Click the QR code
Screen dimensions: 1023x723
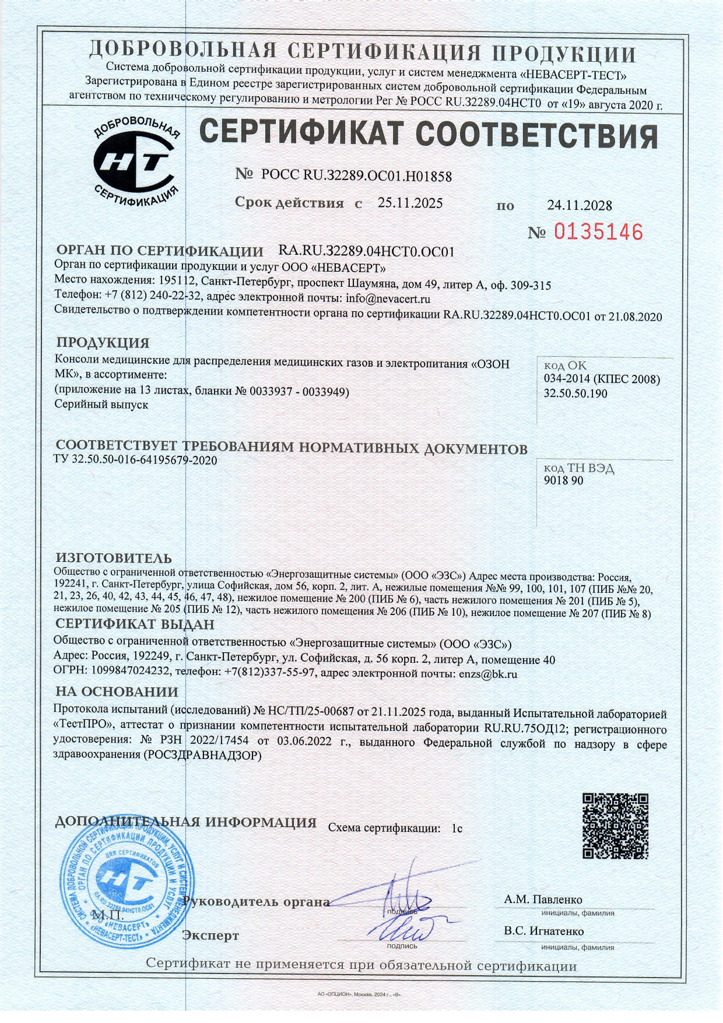point(615,825)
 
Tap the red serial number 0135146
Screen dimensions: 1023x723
point(598,232)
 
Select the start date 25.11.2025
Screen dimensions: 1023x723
point(410,203)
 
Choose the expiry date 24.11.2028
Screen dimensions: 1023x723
point(579,205)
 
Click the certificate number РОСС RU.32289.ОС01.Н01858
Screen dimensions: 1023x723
point(356,175)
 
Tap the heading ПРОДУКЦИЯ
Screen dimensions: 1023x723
point(103,342)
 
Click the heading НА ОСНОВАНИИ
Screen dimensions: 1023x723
point(117,692)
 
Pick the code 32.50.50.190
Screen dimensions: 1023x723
point(575,393)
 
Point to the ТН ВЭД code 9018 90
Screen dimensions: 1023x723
point(563,480)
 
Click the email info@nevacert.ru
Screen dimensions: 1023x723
point(388,299)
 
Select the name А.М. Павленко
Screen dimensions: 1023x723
point(543,899)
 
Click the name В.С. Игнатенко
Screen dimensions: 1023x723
point(543,931)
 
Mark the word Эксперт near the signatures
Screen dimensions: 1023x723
point(210,936)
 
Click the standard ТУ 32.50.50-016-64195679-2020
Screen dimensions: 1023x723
point(135,460)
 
